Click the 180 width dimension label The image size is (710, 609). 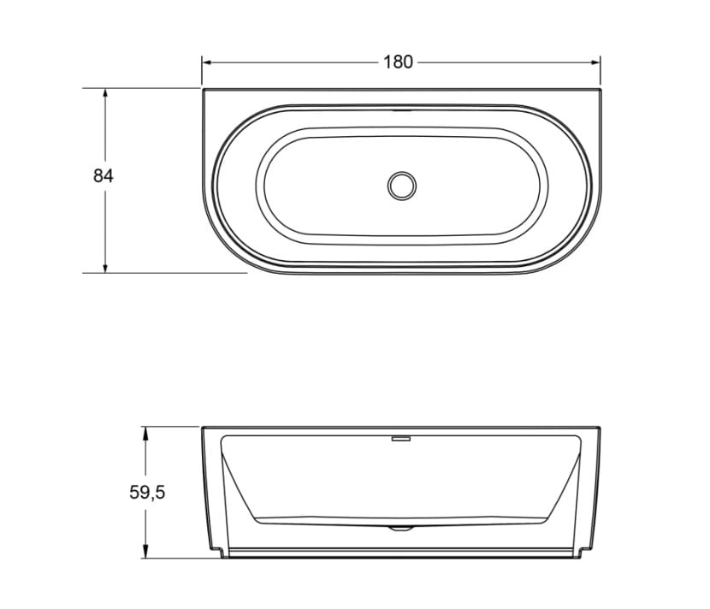[398, 62]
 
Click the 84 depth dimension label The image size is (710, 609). [104, 175]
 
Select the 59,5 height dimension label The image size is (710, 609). [147, 492]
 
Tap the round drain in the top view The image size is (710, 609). [402, 186]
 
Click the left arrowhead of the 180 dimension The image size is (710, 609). [207, 62]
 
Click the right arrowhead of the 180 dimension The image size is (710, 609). [595, 62]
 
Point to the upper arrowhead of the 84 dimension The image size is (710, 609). [105, 94]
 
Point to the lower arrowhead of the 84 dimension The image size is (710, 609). [105, 268]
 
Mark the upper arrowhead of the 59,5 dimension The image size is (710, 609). [145, 433]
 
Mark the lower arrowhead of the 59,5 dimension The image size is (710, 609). [145, 553]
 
